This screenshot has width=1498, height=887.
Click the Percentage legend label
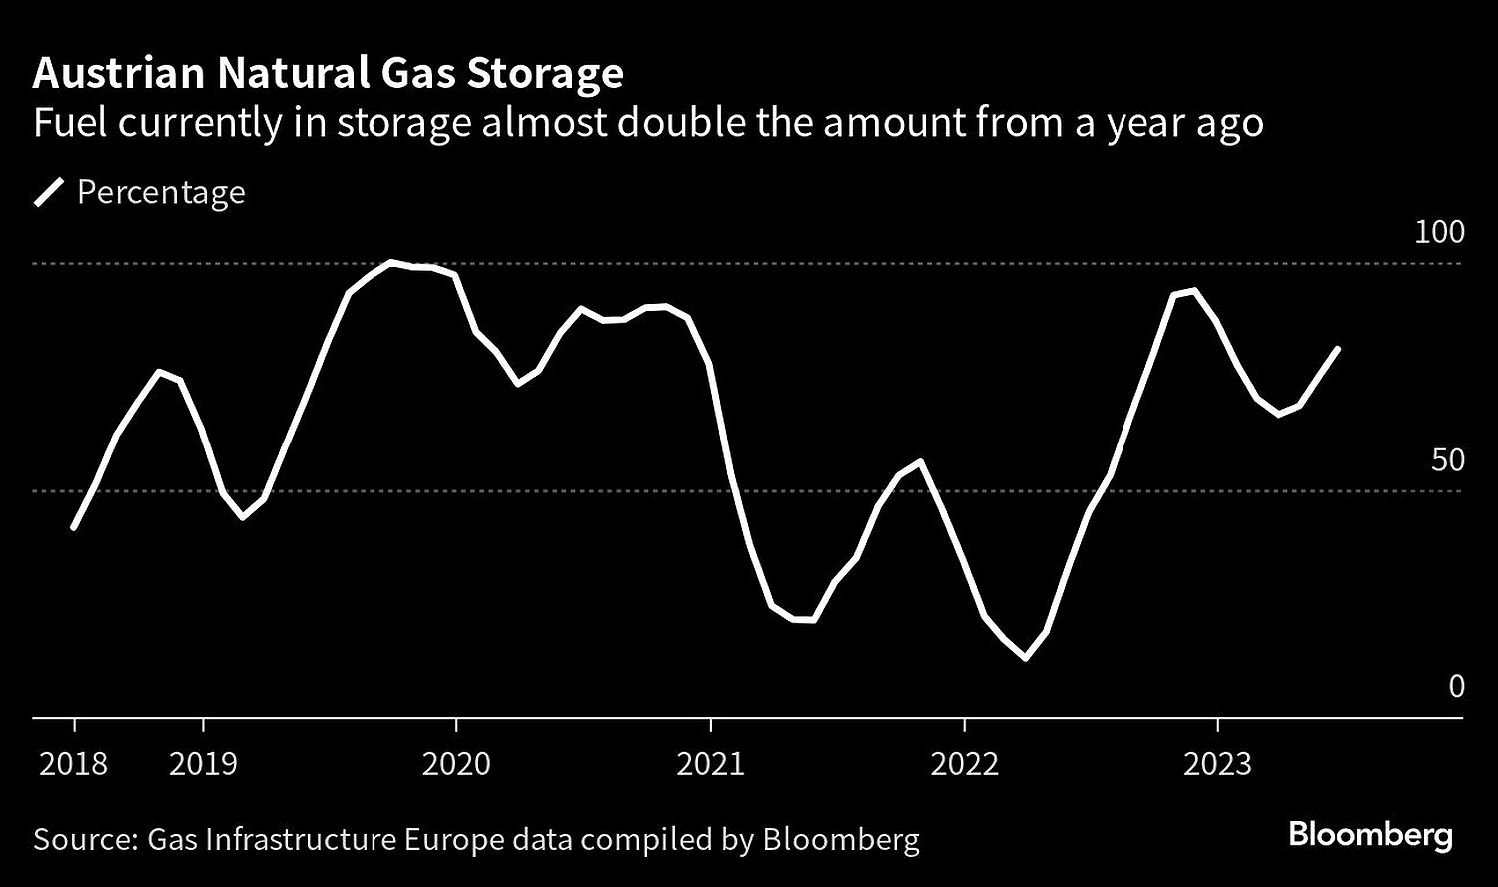coord(161,192)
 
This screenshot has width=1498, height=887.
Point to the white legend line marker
coord(49,192)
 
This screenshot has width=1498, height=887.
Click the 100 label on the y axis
coord(1439,232)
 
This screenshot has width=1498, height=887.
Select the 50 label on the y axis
coord(1447,460)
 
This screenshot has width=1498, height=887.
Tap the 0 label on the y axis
coord(1456,687)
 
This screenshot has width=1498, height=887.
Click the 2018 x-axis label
coord(73,764)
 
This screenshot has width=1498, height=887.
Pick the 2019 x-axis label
coord(203,764)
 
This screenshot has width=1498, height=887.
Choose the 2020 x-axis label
coord(456,764)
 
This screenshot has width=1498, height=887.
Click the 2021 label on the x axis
coord(710,764)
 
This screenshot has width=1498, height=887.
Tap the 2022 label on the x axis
coord(964,764)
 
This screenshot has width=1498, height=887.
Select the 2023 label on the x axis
coord(1217,764)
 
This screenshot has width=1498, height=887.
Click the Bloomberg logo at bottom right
coord(1370,835)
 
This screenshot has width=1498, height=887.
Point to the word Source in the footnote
coord(83,839)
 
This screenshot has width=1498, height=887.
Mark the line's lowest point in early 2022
coord(1025,657)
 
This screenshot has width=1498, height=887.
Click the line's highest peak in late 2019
coord(390,263)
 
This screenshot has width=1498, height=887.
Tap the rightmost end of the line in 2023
coord(1337,349)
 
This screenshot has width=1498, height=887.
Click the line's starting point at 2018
coord(74,526)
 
